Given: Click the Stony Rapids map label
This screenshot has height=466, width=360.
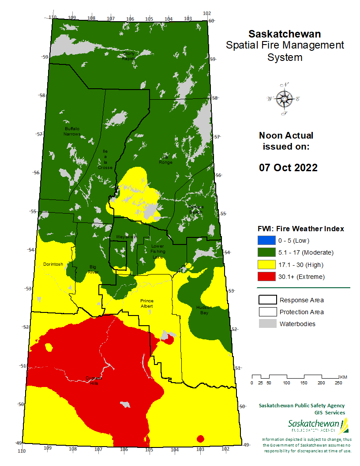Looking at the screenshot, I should (129, 56).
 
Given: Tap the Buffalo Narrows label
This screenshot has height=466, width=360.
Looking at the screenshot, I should (71, 131).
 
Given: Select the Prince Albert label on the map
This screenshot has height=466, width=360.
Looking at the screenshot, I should (147, 303).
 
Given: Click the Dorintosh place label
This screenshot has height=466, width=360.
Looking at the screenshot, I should (53, 264).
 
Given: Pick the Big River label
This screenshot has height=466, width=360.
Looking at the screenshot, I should (93, 270).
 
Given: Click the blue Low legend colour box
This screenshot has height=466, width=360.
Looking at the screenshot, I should (266, 241).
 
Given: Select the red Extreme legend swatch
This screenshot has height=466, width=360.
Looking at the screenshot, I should (266, 277).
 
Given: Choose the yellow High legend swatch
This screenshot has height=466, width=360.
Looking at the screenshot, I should (266, 265).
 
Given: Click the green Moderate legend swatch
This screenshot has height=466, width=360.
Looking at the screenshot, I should (266, 252).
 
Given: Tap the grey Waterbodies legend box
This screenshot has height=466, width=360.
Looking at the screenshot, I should (266, 324).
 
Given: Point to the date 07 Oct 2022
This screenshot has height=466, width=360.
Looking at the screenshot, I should (288, 168).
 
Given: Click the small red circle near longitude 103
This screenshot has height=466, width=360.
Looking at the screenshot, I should (200, 439).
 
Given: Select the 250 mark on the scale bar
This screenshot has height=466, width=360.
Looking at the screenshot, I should (338, 383).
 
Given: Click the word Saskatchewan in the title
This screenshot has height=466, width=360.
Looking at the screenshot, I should (285, 34).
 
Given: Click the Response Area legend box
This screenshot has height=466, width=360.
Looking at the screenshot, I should (266, 300).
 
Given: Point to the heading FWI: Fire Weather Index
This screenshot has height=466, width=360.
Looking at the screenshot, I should (300, 229).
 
